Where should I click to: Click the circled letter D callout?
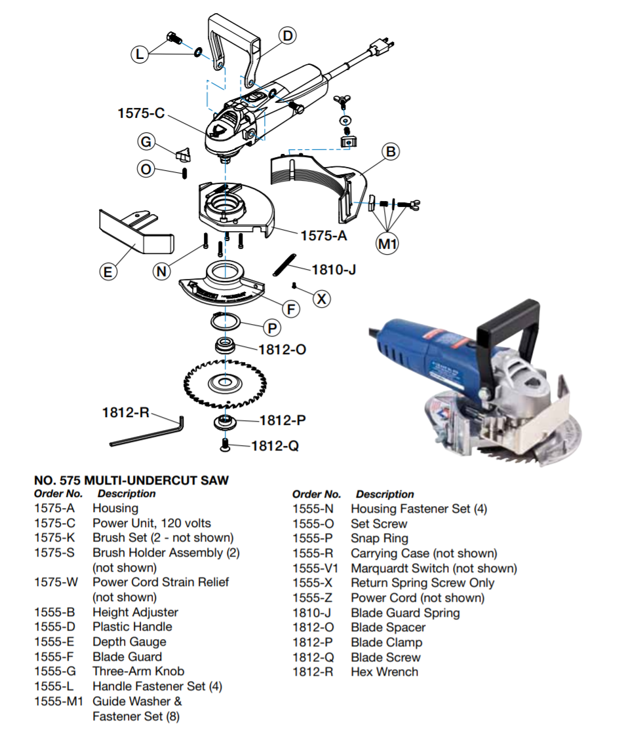click(x=287, y=35)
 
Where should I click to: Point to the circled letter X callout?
click(x=321, y=299)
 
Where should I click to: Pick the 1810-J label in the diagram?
click(x=334, y=269)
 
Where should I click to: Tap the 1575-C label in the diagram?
click(x=141, y=113)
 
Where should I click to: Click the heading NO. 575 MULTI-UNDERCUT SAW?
click(x=131, y=481)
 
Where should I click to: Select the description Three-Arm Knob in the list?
click(x=138, y=671)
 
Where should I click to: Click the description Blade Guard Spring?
click(x=405, y=613)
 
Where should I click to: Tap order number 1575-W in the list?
click(x=55, y=582)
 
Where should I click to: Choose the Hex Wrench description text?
click(x=384, y=672)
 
